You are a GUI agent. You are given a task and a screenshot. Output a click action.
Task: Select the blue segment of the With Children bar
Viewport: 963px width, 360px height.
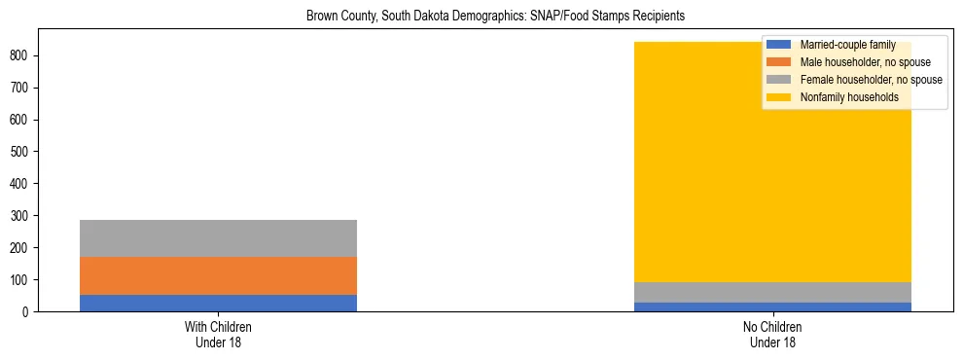218,303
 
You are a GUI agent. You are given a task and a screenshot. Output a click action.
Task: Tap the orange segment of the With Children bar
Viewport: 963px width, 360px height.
218,275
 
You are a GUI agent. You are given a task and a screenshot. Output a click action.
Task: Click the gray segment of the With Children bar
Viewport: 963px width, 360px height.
218,238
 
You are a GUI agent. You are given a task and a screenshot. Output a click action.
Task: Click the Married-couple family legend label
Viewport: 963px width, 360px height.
841,45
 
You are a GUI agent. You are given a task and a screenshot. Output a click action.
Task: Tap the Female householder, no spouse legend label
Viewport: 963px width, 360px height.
871,80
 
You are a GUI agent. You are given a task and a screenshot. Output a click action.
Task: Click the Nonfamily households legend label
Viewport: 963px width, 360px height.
849,97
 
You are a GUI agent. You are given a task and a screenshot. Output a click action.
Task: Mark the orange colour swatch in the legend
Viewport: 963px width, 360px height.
779,62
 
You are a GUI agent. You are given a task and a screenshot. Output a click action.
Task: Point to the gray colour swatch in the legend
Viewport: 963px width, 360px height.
779,80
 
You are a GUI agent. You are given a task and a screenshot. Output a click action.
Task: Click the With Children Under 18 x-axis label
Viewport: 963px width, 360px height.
218,335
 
